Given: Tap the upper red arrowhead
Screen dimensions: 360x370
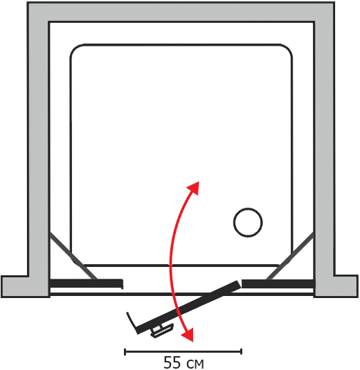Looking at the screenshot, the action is pos(194,187).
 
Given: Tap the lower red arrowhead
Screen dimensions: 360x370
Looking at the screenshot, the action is pos(188,335).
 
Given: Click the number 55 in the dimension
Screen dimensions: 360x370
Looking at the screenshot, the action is pos(172,362).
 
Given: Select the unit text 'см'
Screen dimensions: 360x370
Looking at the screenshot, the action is pos(195,364).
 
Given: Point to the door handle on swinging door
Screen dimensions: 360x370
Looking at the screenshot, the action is pos(163,330).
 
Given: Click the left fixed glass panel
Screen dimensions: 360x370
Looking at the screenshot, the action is pos(87,283).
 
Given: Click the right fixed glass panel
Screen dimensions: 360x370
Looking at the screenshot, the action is pos(278,284).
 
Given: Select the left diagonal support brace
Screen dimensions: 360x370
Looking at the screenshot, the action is pos(73,256).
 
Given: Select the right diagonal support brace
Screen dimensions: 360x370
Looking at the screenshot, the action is pos(290,256).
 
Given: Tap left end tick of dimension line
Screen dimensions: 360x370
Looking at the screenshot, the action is pos(125,351).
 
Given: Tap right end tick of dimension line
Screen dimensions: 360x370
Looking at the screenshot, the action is pos(241,351).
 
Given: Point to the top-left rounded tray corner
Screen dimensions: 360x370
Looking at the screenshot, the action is pos(76,50).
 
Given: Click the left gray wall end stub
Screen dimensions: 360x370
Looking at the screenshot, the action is pos(15,286).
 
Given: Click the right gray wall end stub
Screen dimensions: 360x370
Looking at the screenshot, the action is pos(346,286).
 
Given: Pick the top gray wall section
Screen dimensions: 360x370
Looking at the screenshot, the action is pos(181,12).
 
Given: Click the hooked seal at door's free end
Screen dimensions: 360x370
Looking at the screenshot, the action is pos(132,322).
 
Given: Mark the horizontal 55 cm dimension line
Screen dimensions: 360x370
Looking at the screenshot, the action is pos(183,351).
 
